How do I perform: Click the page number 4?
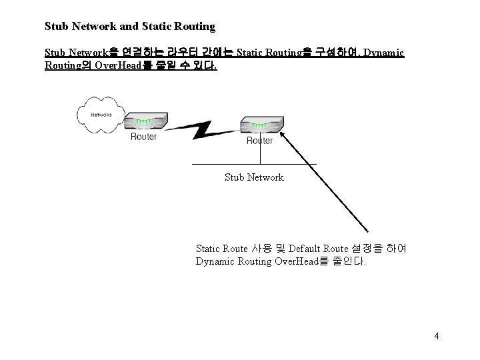click(x=436, y=336)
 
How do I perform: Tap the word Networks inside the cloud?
click(x=102, y=114)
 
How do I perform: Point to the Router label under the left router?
click(x=143, y=137)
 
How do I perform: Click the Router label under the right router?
click(x=259, y=141)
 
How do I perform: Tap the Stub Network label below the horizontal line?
click(x=254, y=177)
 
